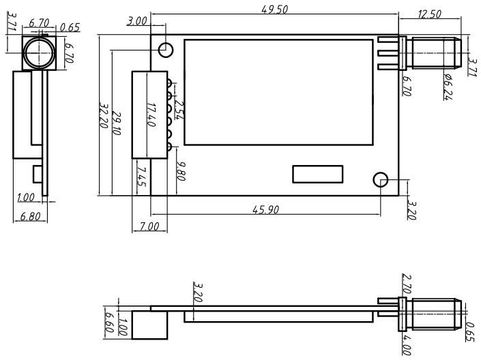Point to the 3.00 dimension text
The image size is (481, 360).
(x=137, y=22)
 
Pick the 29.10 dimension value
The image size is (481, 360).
(x=117, y=123)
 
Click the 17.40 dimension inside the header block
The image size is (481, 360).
(x=151, y=113)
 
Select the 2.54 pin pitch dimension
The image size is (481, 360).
(x=179, y=108)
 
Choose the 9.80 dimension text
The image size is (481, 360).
(x=181, y=170)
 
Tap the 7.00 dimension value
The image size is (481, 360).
(x=149, y=226)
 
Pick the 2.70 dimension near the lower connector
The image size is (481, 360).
(x=407, y=284)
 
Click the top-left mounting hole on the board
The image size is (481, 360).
(x=166, y=49)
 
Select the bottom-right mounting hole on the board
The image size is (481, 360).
(x=381, y=180)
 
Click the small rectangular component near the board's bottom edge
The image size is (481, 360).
(x=318, y=174)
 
